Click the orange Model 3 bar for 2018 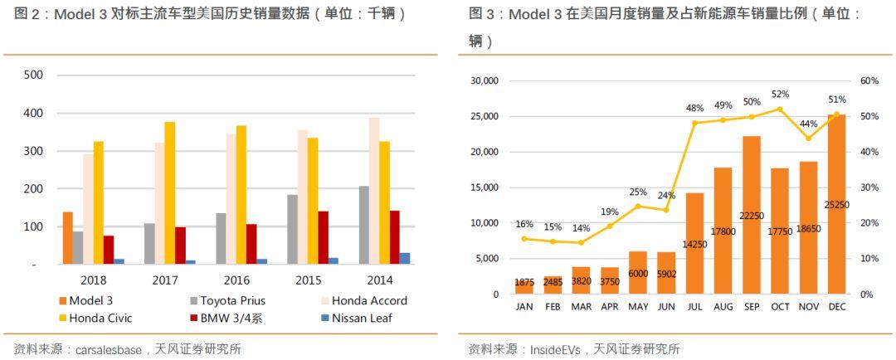[68, 238]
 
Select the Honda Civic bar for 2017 [170, 193]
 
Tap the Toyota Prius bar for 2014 [364, 225]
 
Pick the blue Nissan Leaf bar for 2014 [405, 258]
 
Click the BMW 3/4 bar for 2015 [324, 238]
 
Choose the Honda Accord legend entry [363, 300]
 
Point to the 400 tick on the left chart [32, 113]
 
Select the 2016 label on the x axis [236, 280]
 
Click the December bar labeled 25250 [836, 204]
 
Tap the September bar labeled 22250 [752, 215]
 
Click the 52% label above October [780, 95]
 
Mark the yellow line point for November [808, 139]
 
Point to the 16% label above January [524, 224]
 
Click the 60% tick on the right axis [869, 80]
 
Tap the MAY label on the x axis [638, 307]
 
